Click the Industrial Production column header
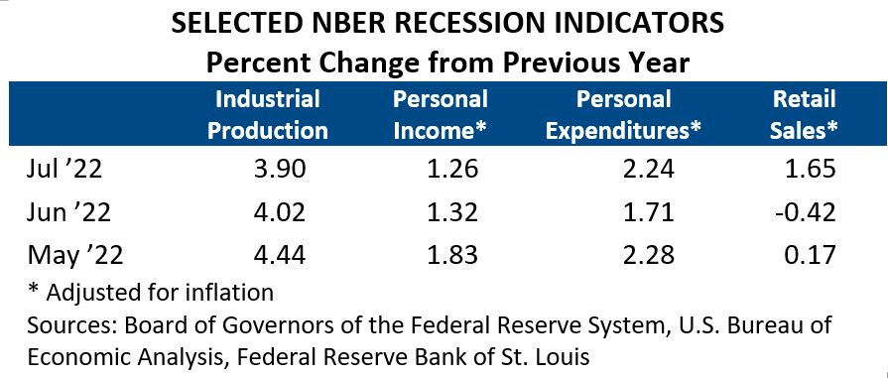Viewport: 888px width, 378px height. (267, 114)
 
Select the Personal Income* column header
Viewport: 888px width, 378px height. (441, 114)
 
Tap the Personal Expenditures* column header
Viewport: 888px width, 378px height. (624, 114)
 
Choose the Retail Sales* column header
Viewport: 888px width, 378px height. (805, 114)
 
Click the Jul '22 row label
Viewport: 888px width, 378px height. (64, 170)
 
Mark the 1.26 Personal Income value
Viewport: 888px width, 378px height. (451, 170)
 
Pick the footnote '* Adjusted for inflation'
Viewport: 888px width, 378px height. (150, 292)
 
